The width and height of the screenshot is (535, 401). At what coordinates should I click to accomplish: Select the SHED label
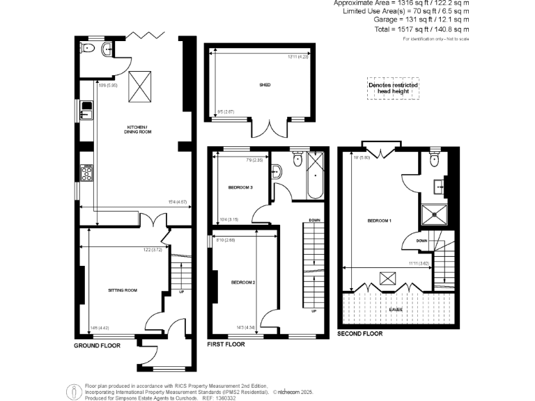(x=265, y=85)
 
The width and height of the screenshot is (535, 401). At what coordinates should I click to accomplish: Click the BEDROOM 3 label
(x=240, y=188)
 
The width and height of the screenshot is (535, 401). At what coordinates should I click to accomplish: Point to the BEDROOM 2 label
(x=244, y=282)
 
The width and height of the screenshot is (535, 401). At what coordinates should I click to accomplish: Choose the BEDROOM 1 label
(x=380, y=221)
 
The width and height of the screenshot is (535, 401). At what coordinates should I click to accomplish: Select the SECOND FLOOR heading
(x=360, y=333)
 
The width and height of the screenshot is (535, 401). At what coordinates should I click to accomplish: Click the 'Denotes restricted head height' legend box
(x=394, y=88)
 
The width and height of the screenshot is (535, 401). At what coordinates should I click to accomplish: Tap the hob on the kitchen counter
(x=87, y=171)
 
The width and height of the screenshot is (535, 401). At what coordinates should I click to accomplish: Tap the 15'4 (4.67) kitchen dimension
(x=177, y=202)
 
